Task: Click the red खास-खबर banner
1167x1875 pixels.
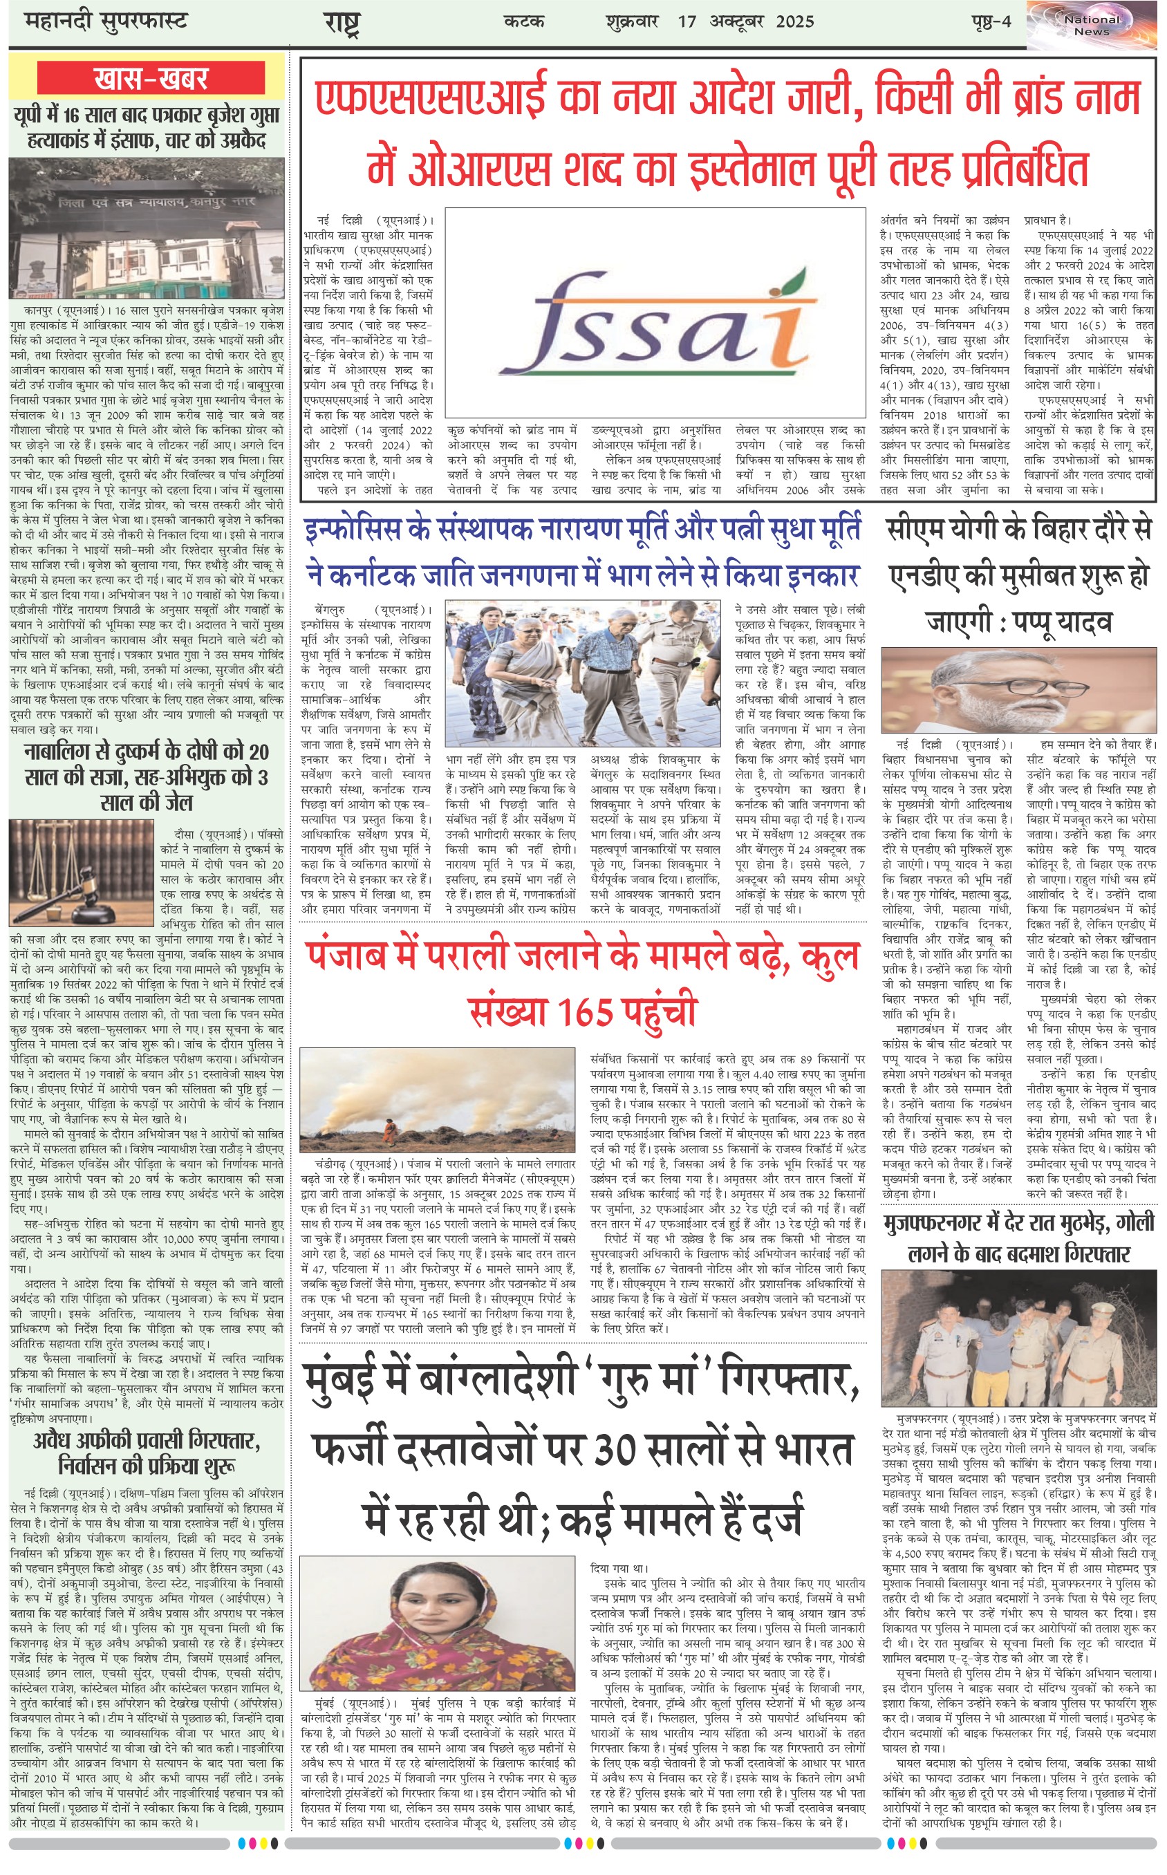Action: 151,78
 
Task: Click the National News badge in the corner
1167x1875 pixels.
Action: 1092,26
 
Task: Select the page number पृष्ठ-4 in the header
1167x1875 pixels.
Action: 991,21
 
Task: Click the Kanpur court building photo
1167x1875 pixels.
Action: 147,228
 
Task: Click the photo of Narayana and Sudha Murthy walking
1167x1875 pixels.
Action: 583,662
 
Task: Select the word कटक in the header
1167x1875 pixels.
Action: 524,21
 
